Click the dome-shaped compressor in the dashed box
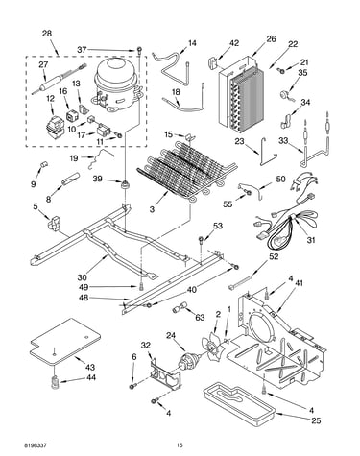tap(117, 84)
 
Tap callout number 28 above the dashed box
tap(47, 34)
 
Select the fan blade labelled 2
tap(212, 348)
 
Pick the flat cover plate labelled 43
tap(64, 342)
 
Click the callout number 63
tap(200, 318)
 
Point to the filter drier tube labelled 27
tap(60, 79)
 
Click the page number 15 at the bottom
tap(180, 445)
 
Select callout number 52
tap(274, 256)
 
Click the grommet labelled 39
tap(126, 184)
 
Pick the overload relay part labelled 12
tap(55, 127)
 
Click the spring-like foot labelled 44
tap(56, 382)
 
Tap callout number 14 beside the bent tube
tap(192, 43)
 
